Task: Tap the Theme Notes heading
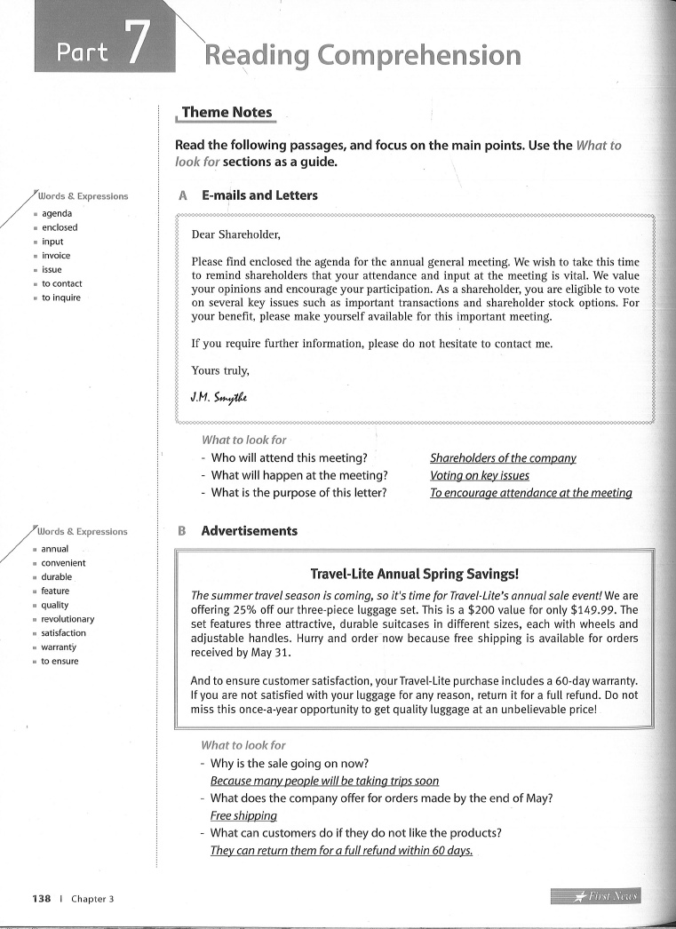coord(227,112)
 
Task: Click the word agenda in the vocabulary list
coord(58,213)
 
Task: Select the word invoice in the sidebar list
coord(56,256)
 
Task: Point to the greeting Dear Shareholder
coord(236,235)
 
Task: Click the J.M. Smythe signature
coord(218,397)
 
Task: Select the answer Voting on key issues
coord(479,475)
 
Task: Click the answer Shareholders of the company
coord(503,458)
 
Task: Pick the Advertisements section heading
coord(249,531)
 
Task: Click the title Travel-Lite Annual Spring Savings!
coord(414,574)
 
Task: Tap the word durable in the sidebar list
coord(57,576)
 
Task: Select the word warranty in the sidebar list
coord(60,647)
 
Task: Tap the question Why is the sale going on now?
coord(290,763)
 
